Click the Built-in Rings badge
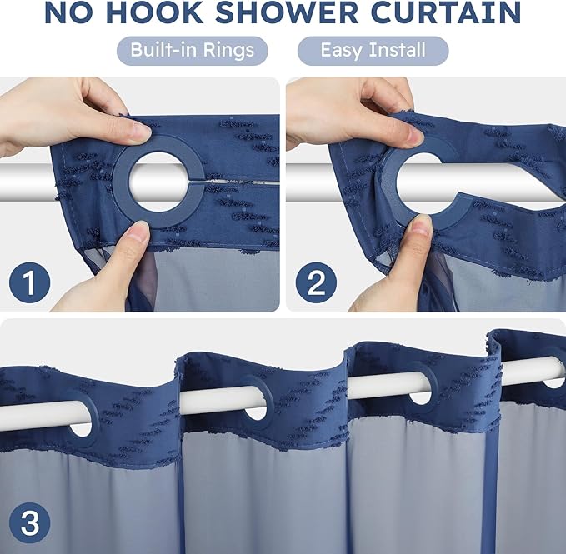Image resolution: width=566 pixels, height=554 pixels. (x=192, y=51)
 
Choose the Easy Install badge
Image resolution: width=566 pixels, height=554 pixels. (x=373, y=51)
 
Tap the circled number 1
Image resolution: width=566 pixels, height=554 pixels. (x=29, y=284)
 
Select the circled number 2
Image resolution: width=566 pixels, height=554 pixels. (x=316, y=284)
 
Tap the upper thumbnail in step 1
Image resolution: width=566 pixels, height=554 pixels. (x=138, y=132)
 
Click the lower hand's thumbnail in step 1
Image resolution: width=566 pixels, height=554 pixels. (x=138, y=234)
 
